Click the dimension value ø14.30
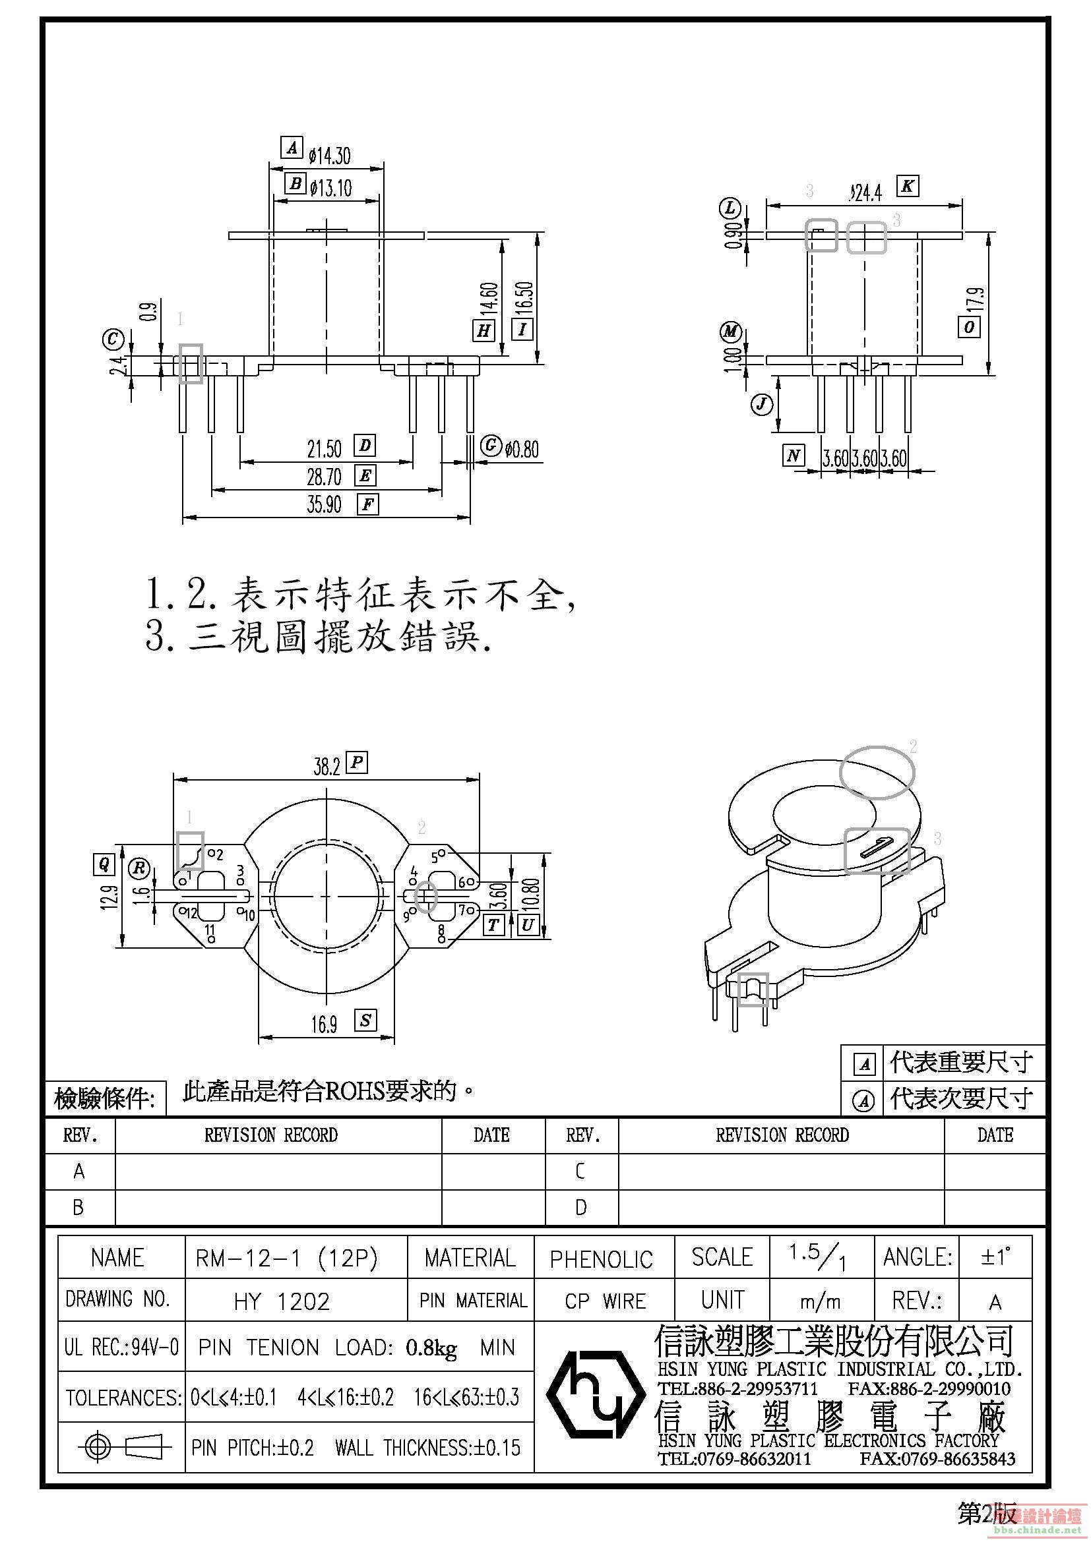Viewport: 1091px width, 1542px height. pyautogui.click(x=329, y=156)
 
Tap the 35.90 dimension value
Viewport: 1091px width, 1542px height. pyautogui.click(x=325, y=504)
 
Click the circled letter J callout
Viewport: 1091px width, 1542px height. pyautogui.click(x=761, y=404)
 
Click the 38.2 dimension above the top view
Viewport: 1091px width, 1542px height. pyautogui.click(x=327, y=766)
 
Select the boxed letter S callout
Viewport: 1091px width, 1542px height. pyautogui.click(x=365, y=1021)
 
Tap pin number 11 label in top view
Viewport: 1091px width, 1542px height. pyautogui.click(x=210, y=930)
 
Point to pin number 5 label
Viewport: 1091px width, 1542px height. pyautogui.click(x=435, y=857)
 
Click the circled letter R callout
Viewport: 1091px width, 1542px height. pyautogui.click(x=140, y=868)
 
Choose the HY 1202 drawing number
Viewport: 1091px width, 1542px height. pyautogui.click(x=282, y=1302)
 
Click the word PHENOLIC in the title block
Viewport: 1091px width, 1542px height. pyautogui.click(x=602, y=1260)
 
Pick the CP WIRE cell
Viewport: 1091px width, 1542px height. pyautogui.click(x=606, y=1301)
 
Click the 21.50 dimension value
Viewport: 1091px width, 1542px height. pyautogui.click(x=325, y=448)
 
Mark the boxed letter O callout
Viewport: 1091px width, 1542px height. pyautogui.click(x=969, y=326)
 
